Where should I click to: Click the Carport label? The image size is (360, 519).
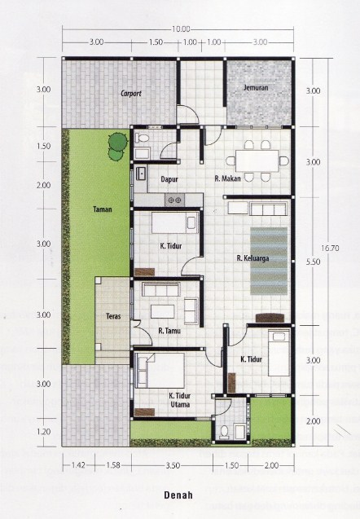[131, 95]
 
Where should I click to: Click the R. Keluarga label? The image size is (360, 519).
[252, 259]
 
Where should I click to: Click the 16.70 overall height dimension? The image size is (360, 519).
[329, 248]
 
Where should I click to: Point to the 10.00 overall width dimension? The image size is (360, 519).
[181, 30]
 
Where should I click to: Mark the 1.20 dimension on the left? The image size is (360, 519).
[44, 431]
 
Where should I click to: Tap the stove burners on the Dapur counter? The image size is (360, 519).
[174, 200]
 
